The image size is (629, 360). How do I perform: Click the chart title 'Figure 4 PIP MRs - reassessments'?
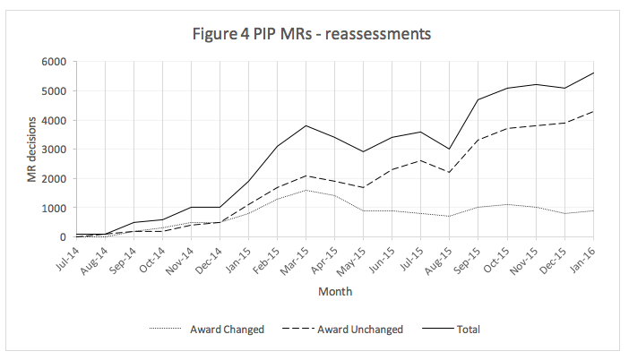[313, 35]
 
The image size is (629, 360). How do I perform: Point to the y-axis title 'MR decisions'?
[33, 149]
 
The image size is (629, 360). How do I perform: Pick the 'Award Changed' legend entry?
[226, 330]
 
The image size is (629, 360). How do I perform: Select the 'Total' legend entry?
[468, 330]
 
